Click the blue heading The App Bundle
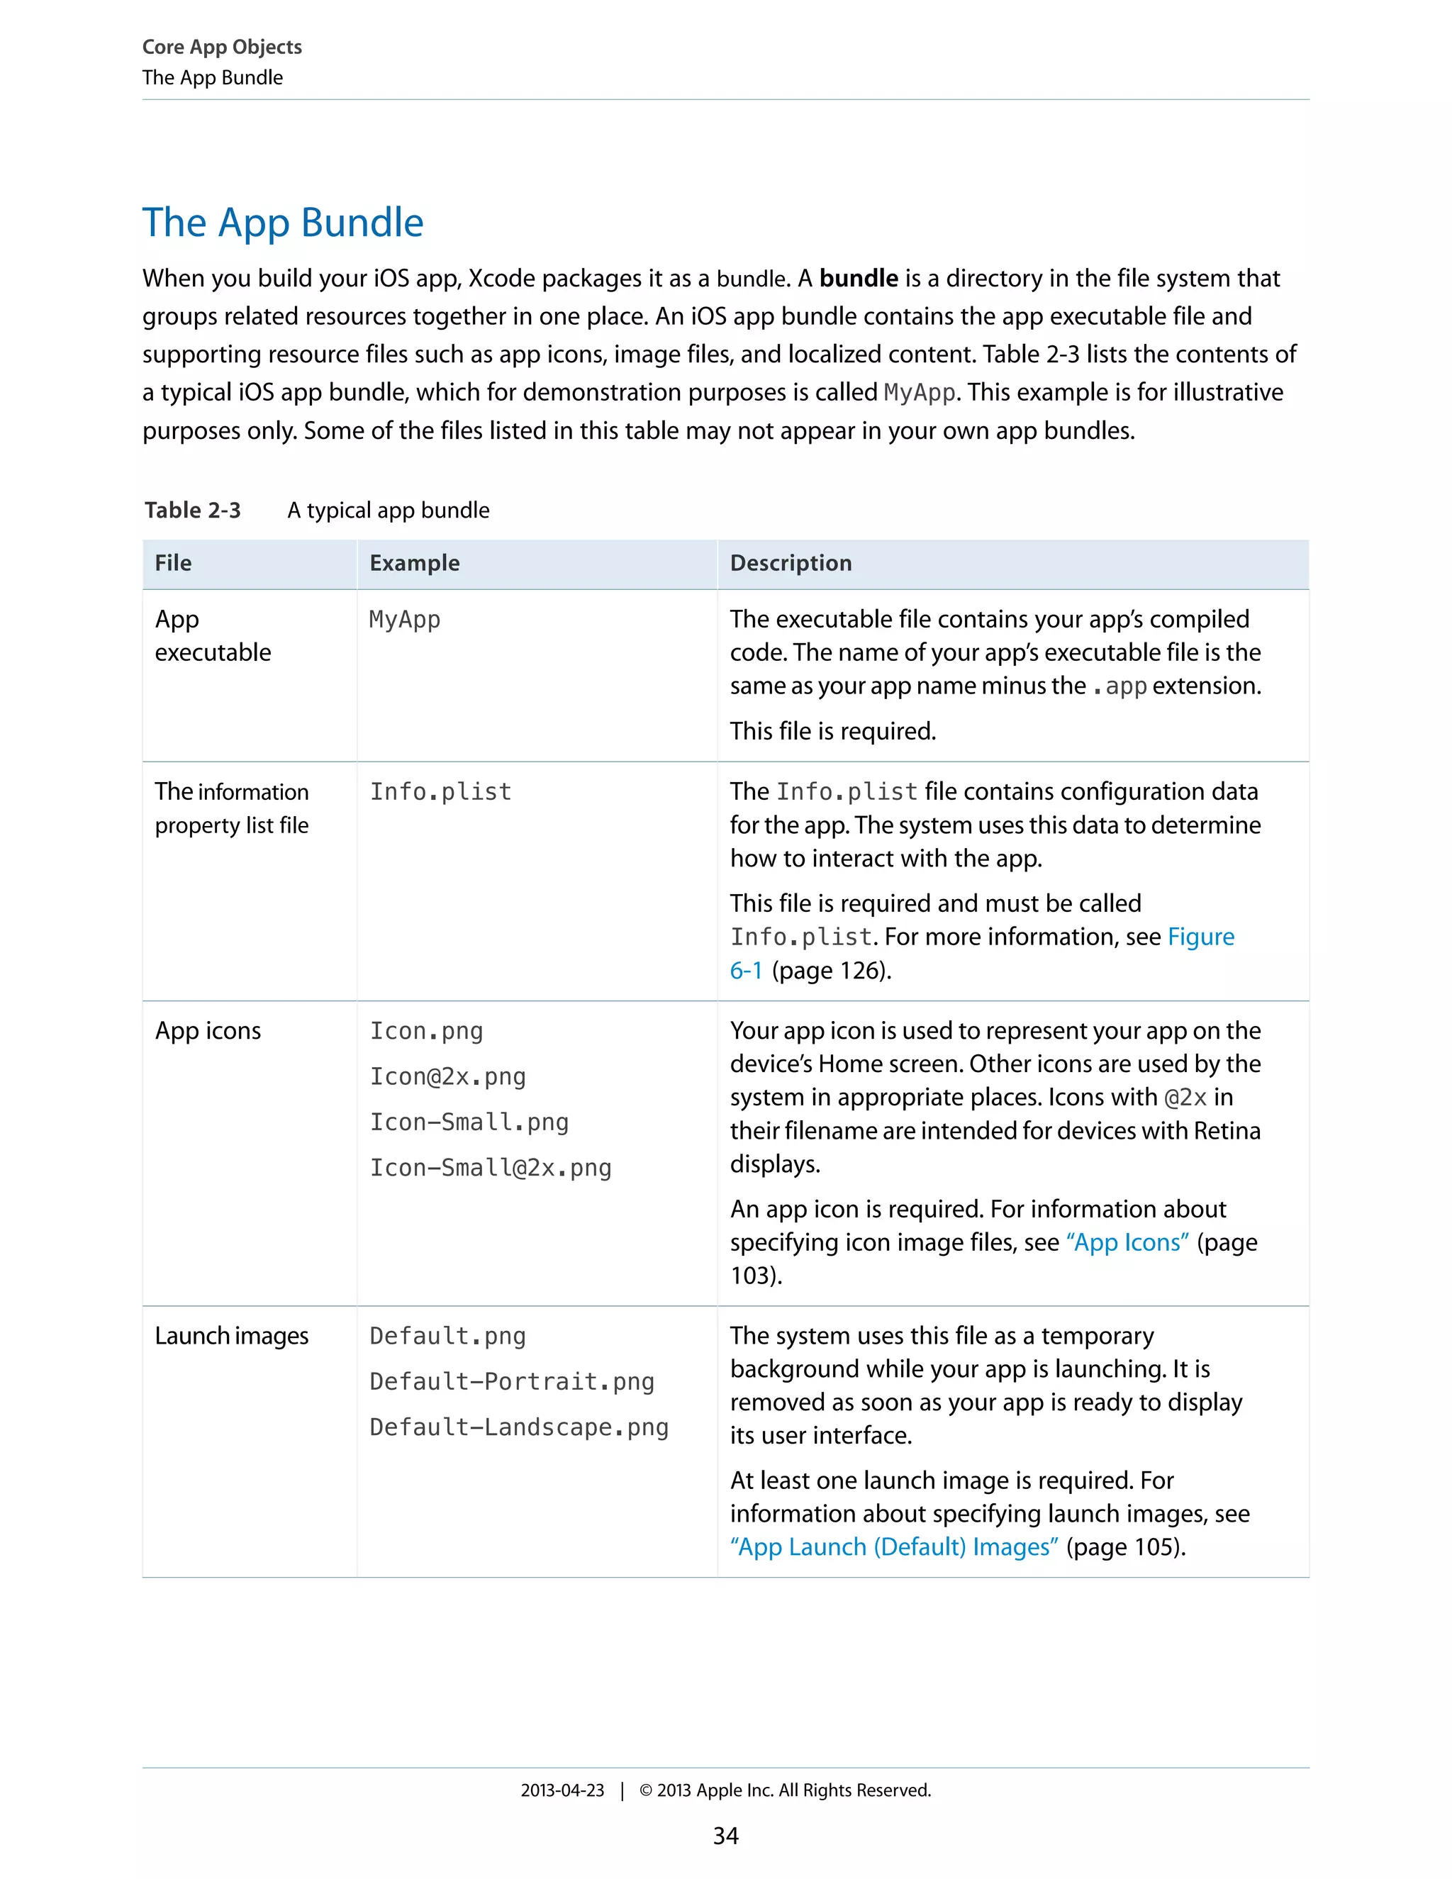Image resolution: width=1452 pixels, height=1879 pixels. [x=282, y=223]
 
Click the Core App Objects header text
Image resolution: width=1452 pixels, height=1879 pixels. [x=222, y=48]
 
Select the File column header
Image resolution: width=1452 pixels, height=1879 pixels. [x=173, y=564]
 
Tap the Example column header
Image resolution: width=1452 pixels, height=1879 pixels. [x=415, y=564]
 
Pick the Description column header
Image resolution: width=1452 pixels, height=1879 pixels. [x=791, y=564]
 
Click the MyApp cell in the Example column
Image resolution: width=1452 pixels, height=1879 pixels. [x=404, y=620]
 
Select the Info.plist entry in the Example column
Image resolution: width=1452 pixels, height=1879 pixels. [x=440, y=791]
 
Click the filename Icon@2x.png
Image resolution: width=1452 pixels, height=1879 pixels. [x=447, y=1076]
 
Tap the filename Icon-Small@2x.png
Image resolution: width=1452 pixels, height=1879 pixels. [x=491, y=1168]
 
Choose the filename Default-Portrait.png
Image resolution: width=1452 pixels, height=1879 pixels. [x=512, y=1382]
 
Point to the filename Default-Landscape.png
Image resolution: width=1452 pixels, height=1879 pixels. [x=519, y=1427]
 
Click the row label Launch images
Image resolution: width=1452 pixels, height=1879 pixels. [x=231, y=1336]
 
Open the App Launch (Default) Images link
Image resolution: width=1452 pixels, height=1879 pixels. [x=895, y=1547]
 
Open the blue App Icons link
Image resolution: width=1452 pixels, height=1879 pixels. [x=1127, y=1242]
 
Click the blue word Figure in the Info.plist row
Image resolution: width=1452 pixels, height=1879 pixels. [x=1201, y=937]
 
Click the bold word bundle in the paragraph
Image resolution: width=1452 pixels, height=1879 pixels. [x=858, y=279]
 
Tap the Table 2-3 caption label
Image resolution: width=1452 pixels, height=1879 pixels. [x=193, y=511]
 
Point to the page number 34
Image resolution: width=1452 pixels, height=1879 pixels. [x=725, y=1836]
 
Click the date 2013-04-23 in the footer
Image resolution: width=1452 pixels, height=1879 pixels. [x=562, y=1790]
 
